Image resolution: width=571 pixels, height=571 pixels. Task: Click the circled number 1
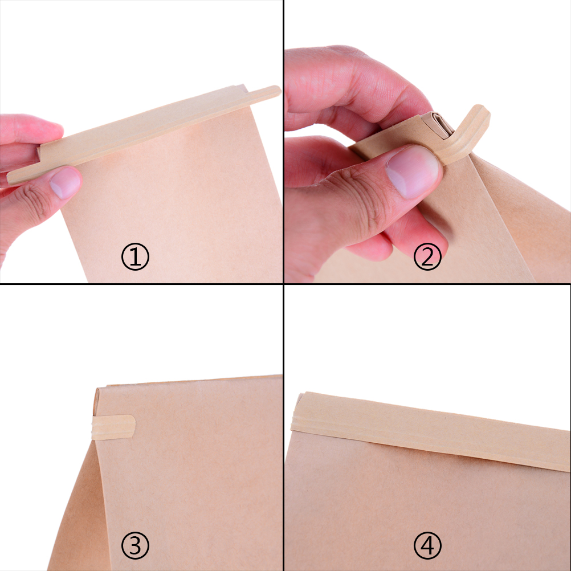(135, 257)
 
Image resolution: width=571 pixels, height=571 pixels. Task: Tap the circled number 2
(427, 257)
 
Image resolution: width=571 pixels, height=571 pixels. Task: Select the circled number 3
(135, 545)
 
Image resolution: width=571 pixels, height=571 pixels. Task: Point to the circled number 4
(427, 545)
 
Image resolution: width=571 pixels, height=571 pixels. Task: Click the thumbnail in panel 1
(65, 183)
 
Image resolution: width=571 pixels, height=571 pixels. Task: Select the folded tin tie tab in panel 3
(113, 427)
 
